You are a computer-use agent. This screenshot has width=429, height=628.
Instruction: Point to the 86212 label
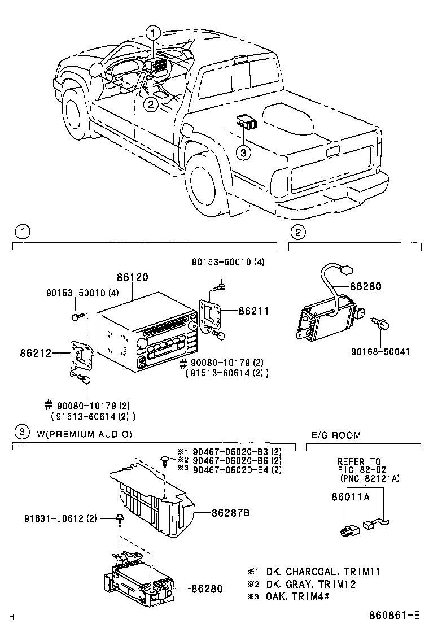pyautogui.click(x=36, y=354)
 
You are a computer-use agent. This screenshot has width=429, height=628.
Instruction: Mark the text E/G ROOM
pyautogui.click(x=336, y=435)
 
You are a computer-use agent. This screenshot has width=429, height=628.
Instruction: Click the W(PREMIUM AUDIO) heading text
pyautogui.click(x=84, y=434)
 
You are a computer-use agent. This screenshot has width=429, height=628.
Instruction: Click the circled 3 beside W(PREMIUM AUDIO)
pyautogui.click(x=21, y=433)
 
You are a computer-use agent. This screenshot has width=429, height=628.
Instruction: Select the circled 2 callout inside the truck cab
pyautogui.click(x=150, y=103)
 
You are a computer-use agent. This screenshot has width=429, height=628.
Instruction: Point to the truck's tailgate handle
pyautogui.click(x=332, y=150)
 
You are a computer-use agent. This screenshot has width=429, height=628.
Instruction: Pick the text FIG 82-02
pyautogui.click(x=360, y=469)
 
